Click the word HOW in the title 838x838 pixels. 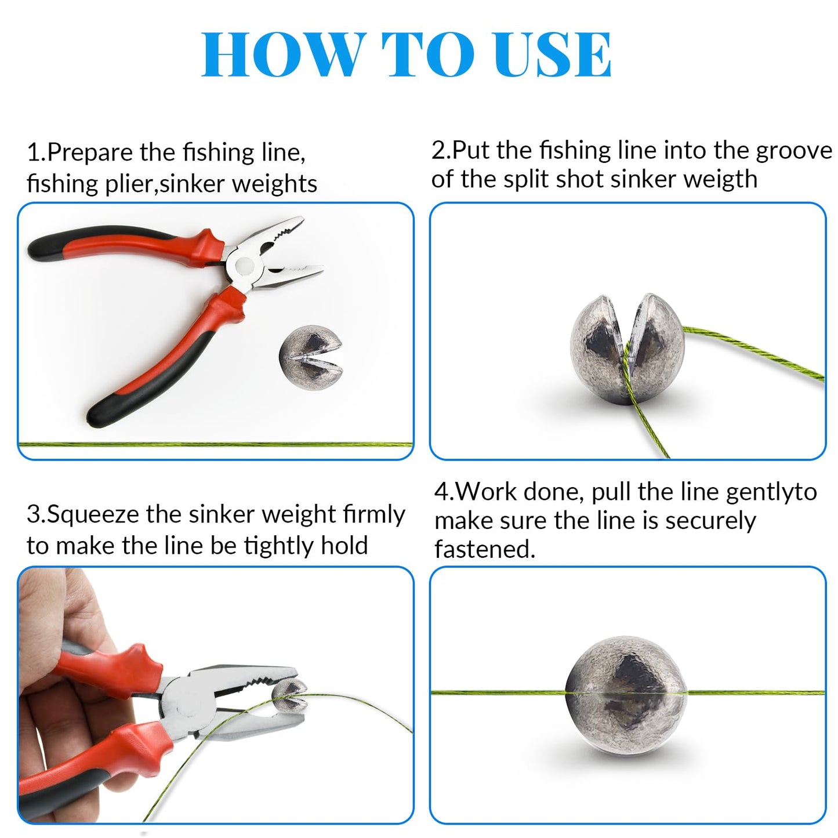[x=281, y=55]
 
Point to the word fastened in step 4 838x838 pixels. [x=484, y=549]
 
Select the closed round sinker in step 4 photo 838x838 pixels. [x=626, y=692]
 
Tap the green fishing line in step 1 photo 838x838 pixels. [x=216, y=444]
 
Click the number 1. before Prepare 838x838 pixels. [x=37, y=153]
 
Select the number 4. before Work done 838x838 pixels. [x=444, y=492]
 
